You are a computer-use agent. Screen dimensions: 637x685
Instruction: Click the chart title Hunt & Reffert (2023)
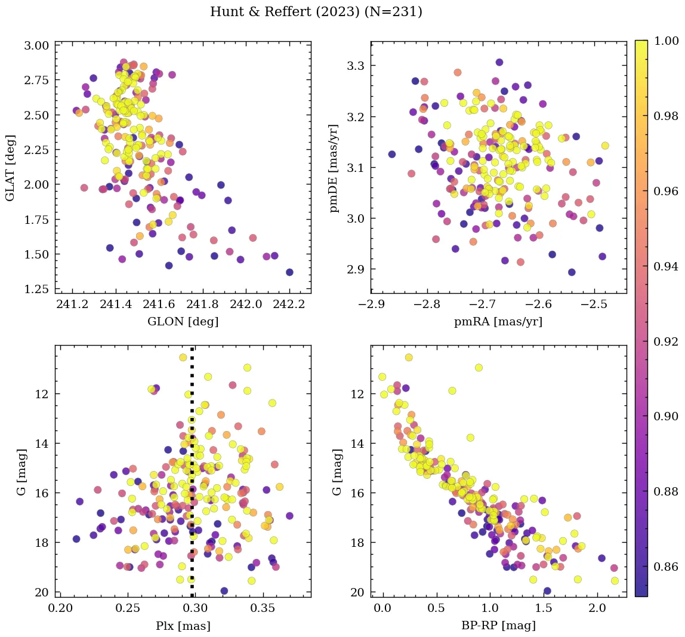click(316, 12)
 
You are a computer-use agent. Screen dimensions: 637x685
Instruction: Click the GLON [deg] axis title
click(183, 322)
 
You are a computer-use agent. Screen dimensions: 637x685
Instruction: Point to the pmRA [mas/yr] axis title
click(498, 322)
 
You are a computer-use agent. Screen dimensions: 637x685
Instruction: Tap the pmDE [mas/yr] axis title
click(334, 168)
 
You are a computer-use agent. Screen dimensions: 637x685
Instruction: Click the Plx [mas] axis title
click(183, 626)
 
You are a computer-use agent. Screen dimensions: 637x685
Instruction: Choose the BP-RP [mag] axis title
click(498, 626)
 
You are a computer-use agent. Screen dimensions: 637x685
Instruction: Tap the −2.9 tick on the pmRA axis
click(371, 305)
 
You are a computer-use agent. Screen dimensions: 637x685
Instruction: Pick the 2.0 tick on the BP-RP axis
click(597, 609)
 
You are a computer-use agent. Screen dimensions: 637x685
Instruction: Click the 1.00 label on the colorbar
click(666, 41)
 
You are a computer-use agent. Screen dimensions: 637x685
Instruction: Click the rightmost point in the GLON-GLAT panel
click(289, 272)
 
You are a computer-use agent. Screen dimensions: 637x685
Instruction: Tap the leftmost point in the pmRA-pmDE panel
click(392, 154)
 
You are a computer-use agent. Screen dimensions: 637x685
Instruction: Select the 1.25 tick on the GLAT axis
click(36, 289)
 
